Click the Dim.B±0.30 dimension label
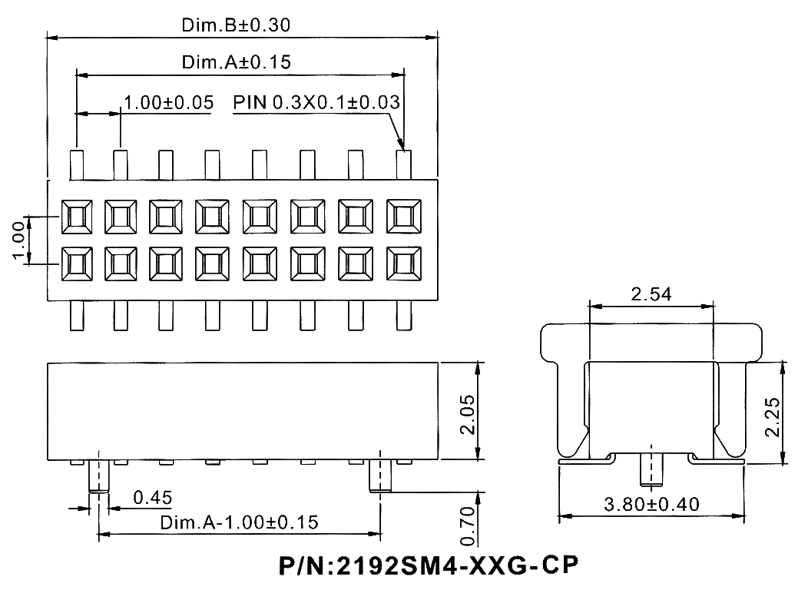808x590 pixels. (x=235, y=26)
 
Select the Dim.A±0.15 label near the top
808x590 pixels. (x=236, y=62)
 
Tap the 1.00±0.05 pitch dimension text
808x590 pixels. (x=168, y=103)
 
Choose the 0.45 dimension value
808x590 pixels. (x=152, y=498)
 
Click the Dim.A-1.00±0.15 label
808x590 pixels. (x=239, y=522)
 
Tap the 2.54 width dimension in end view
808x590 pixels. (x=652, y=293)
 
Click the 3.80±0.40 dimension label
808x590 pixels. (x=651, y=505)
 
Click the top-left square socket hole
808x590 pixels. (x=76, y=217)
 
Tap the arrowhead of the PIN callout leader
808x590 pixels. (x=400, y=145)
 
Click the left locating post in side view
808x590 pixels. (x=98, y=476)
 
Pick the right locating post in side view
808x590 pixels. (x=380, y=476)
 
